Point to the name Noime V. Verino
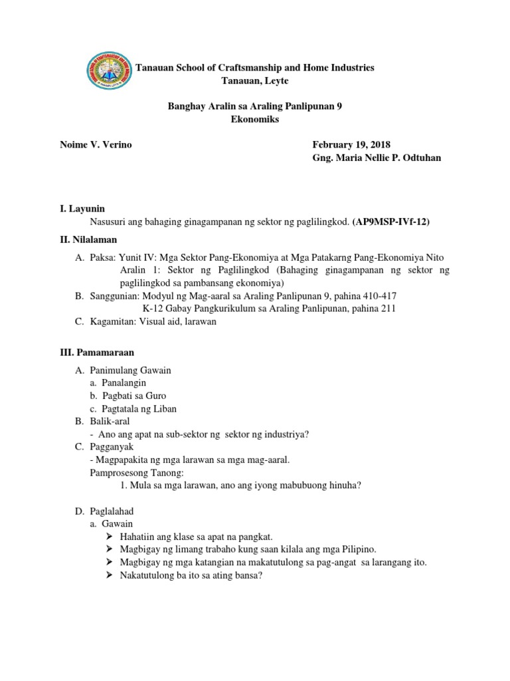(x=96, y=144)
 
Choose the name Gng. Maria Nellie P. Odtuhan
(x=376, y=158)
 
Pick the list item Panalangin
(x=124, y=383)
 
